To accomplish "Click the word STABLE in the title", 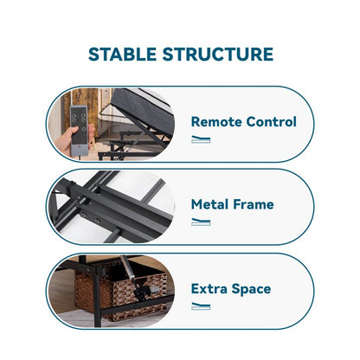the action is point(122,55).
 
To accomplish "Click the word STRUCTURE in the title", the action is point(218,55).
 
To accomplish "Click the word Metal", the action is point(209,204).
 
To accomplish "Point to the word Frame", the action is point(254,204).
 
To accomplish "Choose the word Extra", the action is point(209,289).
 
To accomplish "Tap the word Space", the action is point(251,289).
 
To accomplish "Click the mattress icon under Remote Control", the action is point(201,139).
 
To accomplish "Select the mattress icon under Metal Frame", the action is point(201,222).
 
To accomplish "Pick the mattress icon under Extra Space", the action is point(201,306).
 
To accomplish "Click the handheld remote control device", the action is point(79,131).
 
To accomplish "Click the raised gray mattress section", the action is point(141,111).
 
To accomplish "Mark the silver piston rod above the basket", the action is point(127,267).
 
